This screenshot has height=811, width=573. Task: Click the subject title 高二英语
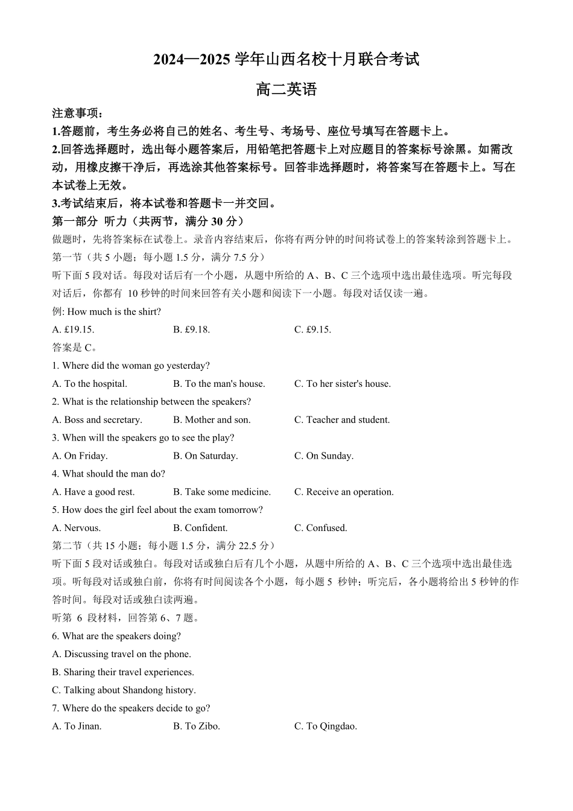click(x=286, y=90)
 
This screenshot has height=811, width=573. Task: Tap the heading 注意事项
click(x=77, y=113)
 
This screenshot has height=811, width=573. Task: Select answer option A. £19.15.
click(x=73, y=329)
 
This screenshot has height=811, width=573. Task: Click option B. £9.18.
click(x=191, y=329)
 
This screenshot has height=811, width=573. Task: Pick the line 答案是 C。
click(x=75, y=348)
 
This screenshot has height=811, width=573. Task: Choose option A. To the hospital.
click(x=89, y=384)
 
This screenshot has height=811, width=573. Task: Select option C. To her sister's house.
click(x=342, y=384)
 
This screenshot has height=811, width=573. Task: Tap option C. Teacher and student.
click(x=341, y=420)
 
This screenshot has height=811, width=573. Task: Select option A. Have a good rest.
click(x=93, y=492)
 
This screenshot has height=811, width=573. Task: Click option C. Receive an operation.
click(x=343, y=492)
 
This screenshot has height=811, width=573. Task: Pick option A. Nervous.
click(x=76, y=528)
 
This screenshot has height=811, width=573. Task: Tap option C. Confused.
click(x=320, y=528)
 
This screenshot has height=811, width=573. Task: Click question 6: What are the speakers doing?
click(x=116, y=636)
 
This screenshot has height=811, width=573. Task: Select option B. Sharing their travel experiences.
click(x=122, y=672)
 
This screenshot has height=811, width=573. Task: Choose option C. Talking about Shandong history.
click(x=124, y=690)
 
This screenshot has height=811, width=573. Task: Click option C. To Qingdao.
click(x=325, y=727)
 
